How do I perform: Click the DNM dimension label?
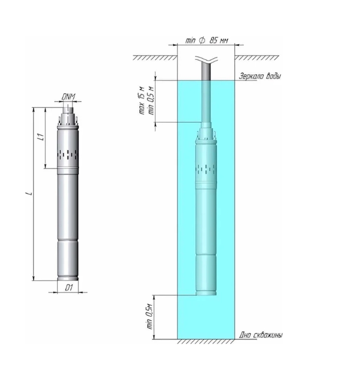(68, 97)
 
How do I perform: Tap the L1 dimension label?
(41, 137)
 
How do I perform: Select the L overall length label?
(29, 193)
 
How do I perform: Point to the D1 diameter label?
(68, 288)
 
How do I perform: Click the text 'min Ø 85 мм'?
(206, 40)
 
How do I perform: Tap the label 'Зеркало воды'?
(260, 76)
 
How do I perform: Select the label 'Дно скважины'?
(261, 335)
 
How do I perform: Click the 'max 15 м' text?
(141, 100)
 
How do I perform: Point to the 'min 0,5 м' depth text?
(151, 100)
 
